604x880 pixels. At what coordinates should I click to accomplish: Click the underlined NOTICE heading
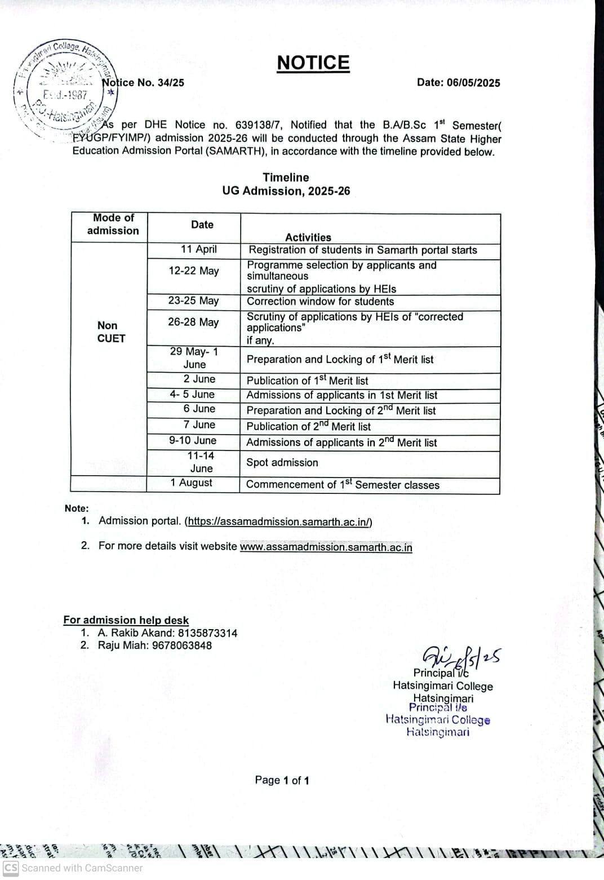point(313,63)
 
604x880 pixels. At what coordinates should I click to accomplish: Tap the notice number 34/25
point(171,83)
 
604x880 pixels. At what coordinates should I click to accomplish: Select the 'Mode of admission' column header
point(113,224)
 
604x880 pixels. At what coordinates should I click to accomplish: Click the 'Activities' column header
point(308,237)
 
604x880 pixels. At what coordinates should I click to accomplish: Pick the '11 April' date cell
point(198,249)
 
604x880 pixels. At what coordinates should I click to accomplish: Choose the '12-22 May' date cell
point(193,271)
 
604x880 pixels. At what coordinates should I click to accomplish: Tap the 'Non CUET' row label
point(110,332)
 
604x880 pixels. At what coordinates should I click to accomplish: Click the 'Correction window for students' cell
point(320,302)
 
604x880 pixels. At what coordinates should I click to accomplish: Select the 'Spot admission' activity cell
point(282,463)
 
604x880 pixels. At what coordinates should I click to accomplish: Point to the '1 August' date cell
point(191,483)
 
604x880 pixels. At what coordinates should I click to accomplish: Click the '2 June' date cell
point(199,379)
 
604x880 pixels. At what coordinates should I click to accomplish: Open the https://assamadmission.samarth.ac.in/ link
point(279,522)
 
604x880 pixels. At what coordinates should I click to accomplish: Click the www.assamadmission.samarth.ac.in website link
point(326,547)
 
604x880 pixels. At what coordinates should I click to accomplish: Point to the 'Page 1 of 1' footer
point(282,780)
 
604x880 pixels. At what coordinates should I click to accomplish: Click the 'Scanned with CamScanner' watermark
point(73,868)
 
